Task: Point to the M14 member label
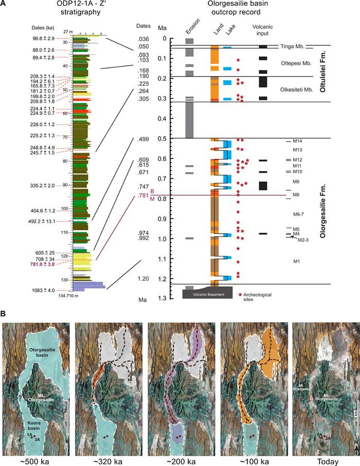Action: click(x=297, y=141)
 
